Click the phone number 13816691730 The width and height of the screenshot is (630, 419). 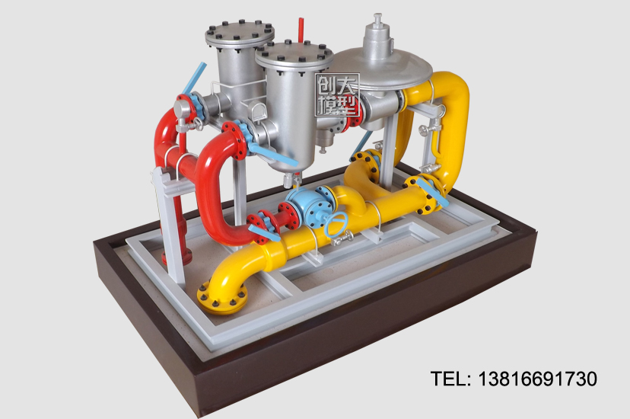(x=538, y=379)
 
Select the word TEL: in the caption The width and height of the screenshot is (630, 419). (x=450, y=379)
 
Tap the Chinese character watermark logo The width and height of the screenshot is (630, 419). (x=337, y=95)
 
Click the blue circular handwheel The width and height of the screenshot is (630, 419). (x=336, y=224)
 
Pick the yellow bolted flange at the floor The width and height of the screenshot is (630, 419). (x=221, y=297)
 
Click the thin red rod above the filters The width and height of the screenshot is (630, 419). (x=301, y=30)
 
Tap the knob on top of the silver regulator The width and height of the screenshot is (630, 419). (x=377, y=19)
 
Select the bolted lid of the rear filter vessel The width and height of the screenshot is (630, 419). (x=240, y=34)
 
